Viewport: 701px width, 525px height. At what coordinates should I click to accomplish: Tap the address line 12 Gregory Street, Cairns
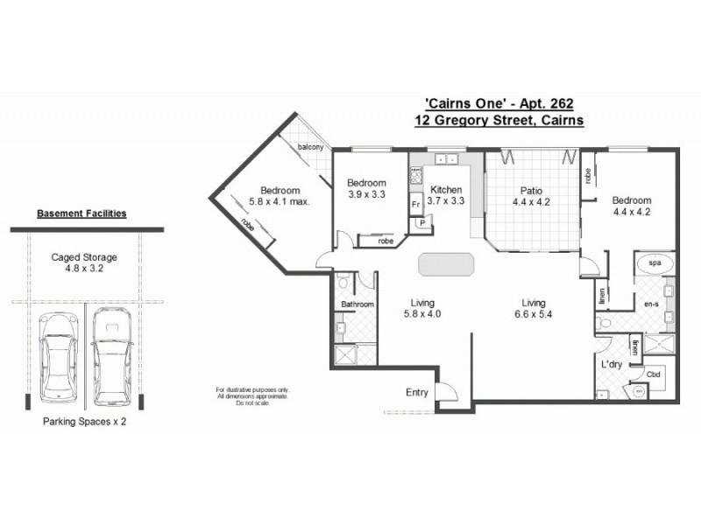499,121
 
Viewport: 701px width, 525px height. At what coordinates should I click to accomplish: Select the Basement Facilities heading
81,213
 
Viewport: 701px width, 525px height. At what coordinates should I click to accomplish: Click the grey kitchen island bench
445,264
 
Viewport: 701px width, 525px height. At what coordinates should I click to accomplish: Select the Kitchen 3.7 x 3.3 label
445,195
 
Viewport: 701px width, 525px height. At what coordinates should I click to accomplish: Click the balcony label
311,147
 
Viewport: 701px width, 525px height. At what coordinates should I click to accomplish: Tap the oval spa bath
653,262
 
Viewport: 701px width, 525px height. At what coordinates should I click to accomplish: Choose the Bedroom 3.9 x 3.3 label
366,188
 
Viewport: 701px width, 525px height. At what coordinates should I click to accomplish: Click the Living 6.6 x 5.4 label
533,308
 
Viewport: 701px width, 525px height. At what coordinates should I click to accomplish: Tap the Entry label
417,393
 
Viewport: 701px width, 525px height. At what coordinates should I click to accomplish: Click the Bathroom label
357,304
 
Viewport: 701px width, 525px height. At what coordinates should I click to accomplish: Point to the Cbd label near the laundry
653,374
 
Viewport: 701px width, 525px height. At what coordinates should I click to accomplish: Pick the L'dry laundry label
612,363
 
